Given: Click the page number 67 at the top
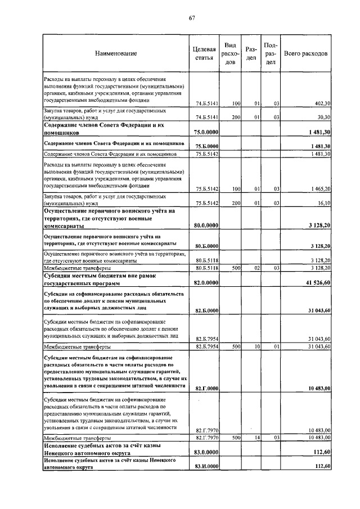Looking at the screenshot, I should pos(191,18).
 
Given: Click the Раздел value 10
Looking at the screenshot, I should pos(254,346).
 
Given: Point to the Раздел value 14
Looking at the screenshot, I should pos(254,437).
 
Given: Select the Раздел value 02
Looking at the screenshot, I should pos(254,268).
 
